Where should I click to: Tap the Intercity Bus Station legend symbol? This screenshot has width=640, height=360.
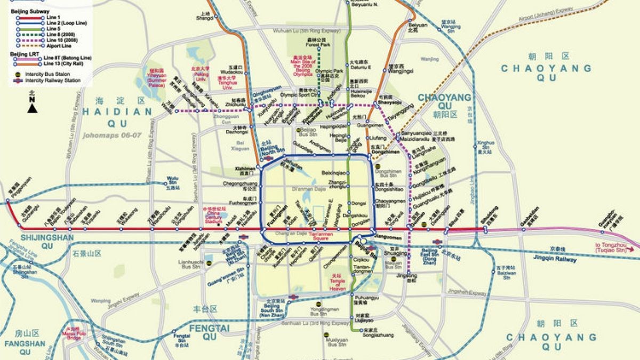18,74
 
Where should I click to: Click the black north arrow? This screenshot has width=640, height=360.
33,108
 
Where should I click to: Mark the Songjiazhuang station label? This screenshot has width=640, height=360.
378,335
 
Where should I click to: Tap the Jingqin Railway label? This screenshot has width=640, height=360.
555,259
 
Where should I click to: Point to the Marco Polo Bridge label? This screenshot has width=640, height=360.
73,332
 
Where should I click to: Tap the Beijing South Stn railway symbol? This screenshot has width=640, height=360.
293,297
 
